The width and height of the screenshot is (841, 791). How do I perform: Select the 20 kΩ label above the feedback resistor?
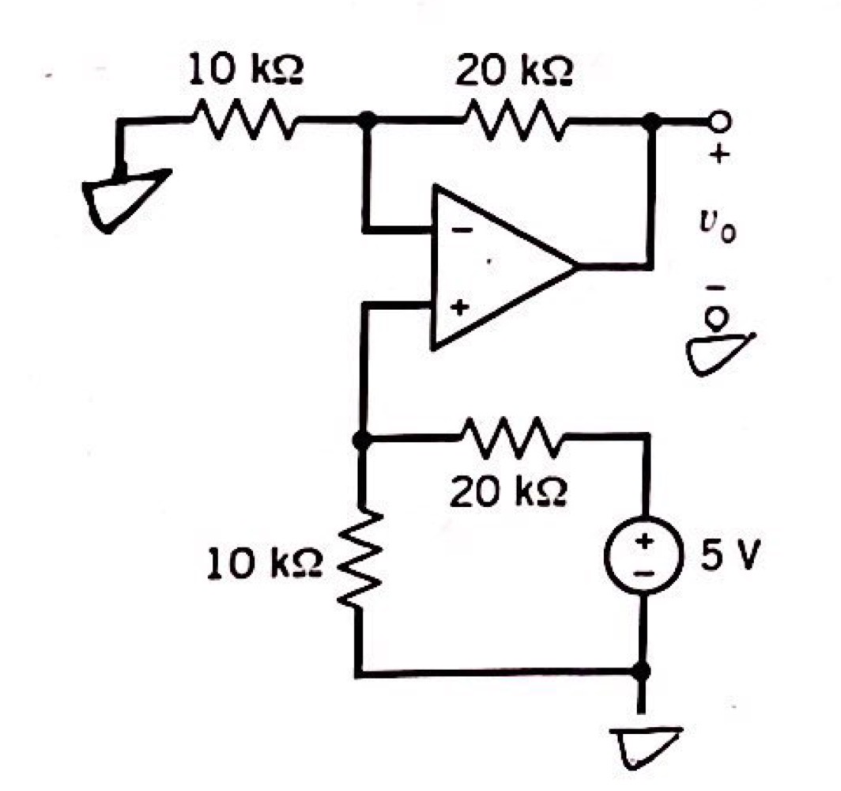(x=515, y=72)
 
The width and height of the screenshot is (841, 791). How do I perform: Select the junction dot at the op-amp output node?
(x=651, y=122)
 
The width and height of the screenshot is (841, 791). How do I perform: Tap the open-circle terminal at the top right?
(x=719, y=122)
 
